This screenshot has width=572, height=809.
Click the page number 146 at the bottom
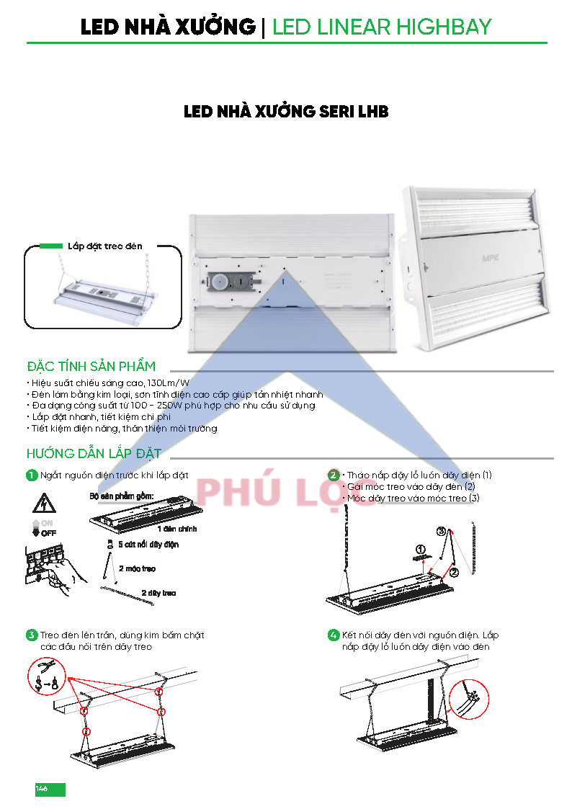pos(41,788)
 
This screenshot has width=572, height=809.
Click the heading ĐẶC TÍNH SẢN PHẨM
pos(91,367)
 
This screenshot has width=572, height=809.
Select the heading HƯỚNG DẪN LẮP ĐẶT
pos(94,454)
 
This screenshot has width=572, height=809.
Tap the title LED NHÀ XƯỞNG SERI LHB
pos(286,112)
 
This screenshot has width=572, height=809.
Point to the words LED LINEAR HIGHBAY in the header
pos(382,27)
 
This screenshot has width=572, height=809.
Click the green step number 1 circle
pos(32,475)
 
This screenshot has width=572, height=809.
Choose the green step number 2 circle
pos(334,475)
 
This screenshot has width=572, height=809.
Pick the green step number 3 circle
pos(32,635)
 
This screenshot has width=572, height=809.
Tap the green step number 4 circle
pos(334,635)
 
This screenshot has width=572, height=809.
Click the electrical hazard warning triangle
pos(44,503)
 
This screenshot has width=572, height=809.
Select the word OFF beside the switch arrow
pos(48,533)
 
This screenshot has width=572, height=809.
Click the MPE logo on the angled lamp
pos(490,257)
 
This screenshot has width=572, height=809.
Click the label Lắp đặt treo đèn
pos(104,246)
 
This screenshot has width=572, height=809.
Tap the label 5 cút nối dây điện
pos(148,545)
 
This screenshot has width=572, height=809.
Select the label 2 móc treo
pos(137,568)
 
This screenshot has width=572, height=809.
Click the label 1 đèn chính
pos(177,529)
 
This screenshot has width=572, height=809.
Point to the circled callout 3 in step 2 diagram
pos(441,531)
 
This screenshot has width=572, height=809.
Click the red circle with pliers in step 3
pos(47,676)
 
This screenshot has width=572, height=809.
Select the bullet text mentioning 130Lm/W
pos(110,383)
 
